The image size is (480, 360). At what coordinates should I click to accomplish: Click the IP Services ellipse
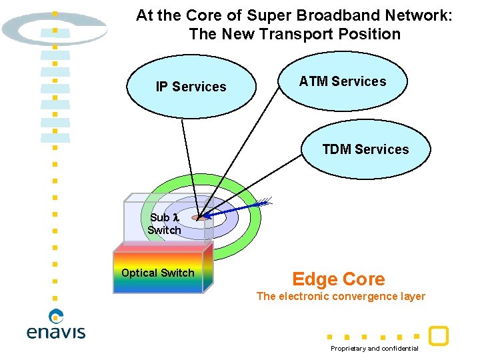(191, 87)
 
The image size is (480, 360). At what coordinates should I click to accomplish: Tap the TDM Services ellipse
(365, 149)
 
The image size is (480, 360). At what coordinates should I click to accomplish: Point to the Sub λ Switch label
(164, 224)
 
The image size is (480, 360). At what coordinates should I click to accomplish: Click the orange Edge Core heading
(338, 279)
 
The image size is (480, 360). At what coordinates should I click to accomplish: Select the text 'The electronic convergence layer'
(341, 297)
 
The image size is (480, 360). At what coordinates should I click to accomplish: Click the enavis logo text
(56, 331)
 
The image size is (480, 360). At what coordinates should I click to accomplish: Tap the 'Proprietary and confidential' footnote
(375, 349)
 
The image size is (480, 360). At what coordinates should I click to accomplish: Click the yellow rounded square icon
(438, 335)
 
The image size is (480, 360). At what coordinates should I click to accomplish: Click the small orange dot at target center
(198, 217)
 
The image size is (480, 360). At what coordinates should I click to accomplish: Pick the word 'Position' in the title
(377, 34)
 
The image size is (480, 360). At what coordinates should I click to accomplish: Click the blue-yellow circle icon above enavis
(57, 316)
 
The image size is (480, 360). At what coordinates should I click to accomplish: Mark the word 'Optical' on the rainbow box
(139, 273)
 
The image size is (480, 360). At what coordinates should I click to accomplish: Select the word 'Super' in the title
(265, 15)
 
